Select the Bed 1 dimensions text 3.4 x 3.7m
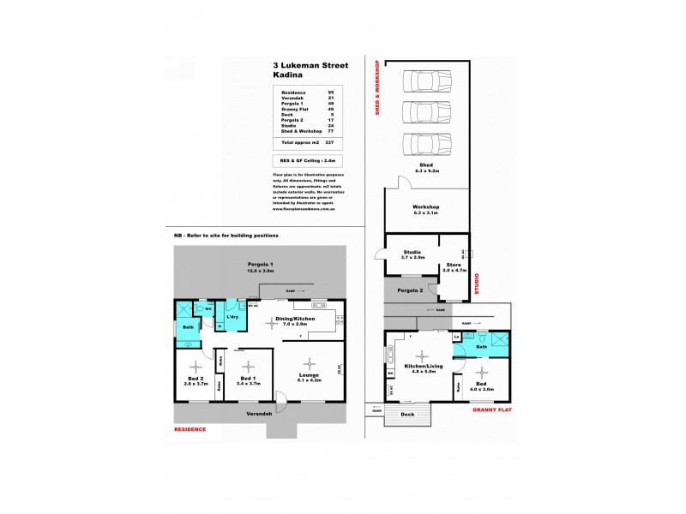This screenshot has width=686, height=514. (248, 384)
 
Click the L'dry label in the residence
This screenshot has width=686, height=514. (232, 318)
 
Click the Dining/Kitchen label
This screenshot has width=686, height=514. (294, 318)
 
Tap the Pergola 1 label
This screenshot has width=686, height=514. (260, 264)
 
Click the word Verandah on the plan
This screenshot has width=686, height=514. (260, 414)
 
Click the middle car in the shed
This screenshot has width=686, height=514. (425, 111)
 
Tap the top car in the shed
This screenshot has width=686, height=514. (425, 81)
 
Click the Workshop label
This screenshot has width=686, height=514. (426, 207)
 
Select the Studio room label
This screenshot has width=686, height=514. (412, 251)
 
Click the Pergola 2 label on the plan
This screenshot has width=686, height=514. (410, 290)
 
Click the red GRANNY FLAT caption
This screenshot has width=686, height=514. (492, 410)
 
